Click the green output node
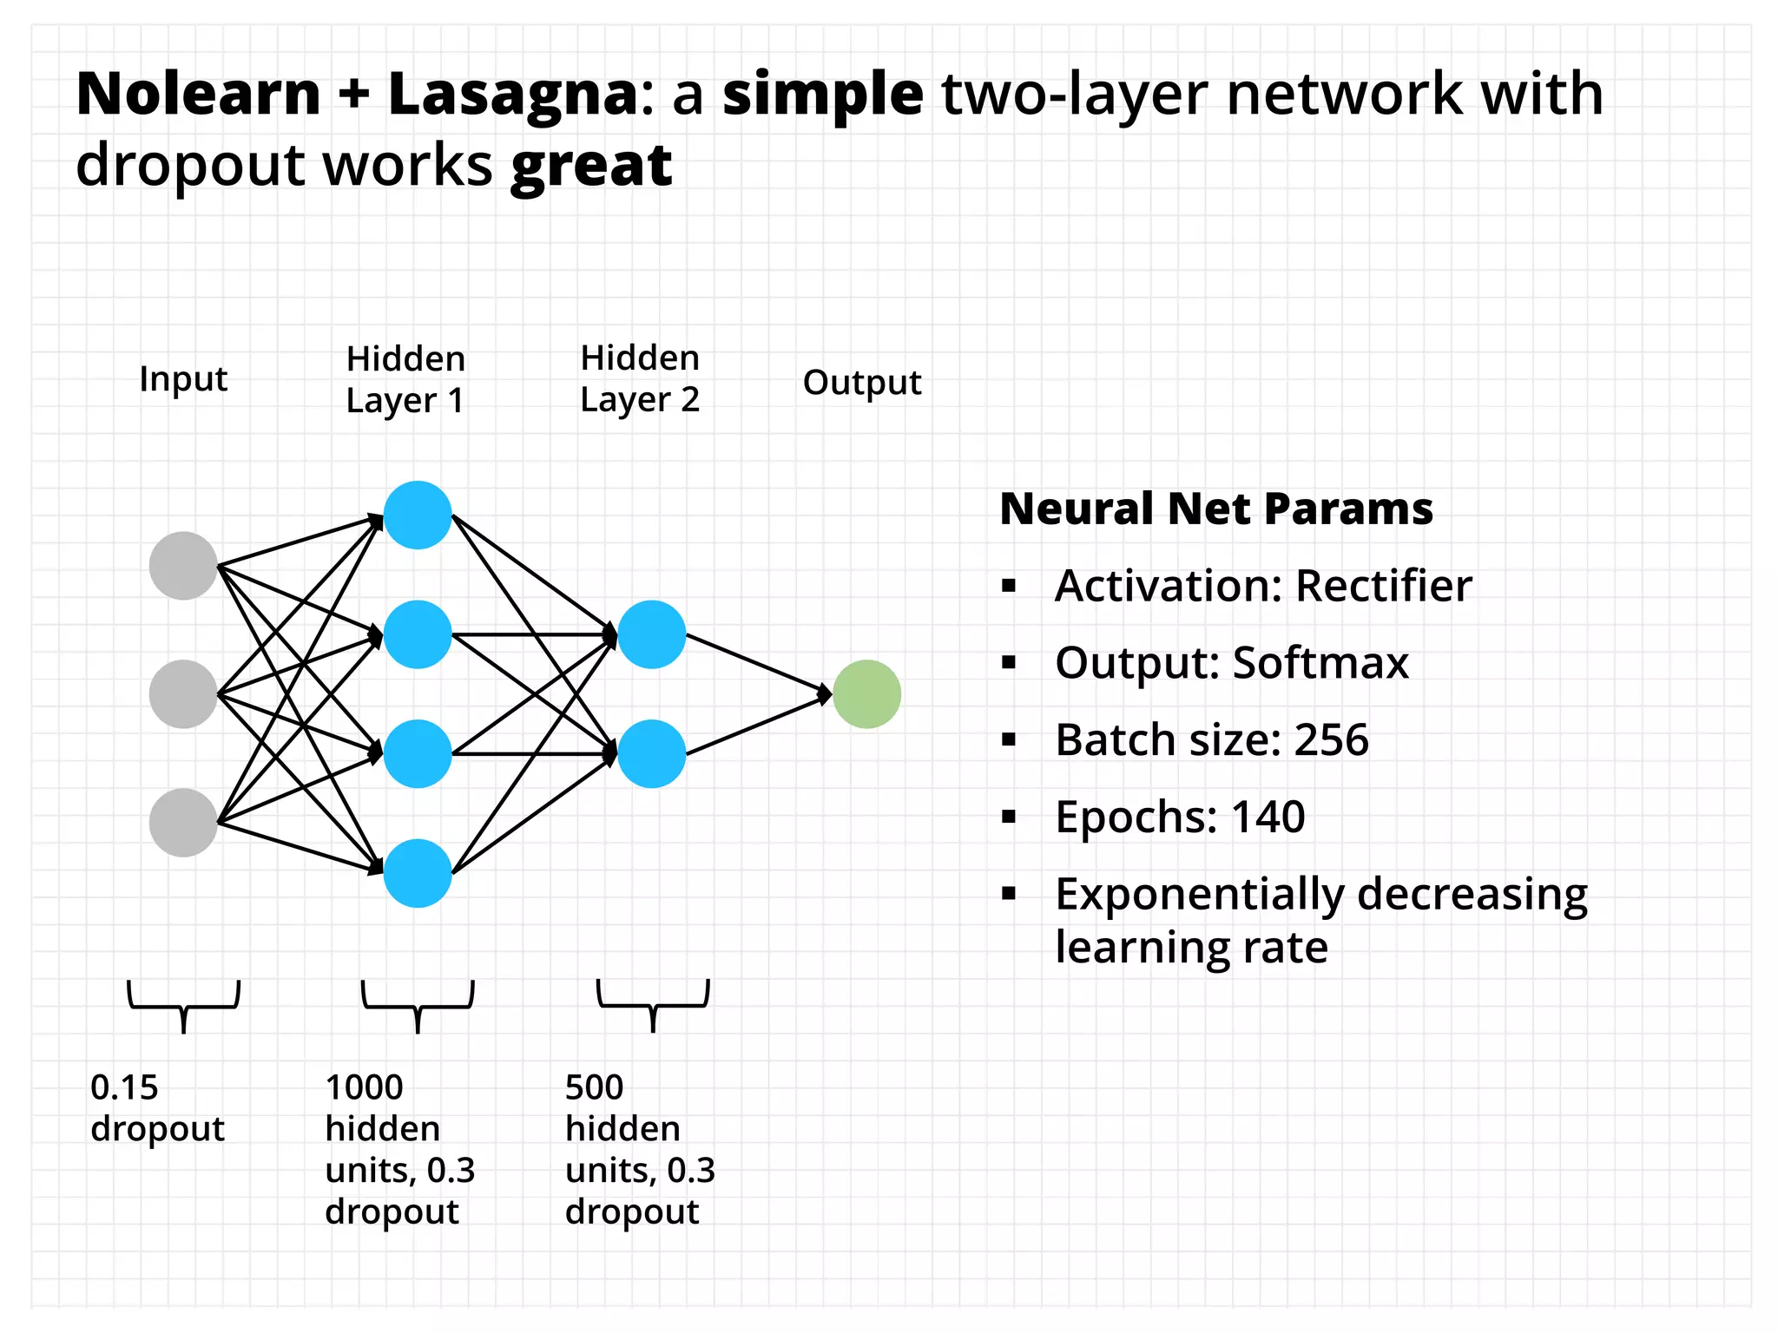(x=866, y=694)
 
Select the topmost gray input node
(x=183, y=566)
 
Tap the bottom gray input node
(x=183, y=823)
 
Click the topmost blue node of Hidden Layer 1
(x=418, y=515)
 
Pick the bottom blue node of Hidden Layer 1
(x=418, y=873)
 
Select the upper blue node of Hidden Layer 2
(x=652, y=634)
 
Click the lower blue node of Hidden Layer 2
(x=652, y=754)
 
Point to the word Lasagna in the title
(x=513, y=94)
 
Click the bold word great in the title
(x=591, y=165)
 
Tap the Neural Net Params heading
(x=1216, y=509)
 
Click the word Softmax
(x=1320, y=663)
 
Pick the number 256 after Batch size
(x=1331, y=740)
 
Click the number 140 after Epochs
(x=1268, y=817)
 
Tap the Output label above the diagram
(x=861, y=382)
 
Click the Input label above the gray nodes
(x=183, y=379)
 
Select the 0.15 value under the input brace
(x=124, y=1087)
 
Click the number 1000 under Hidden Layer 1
(x=364, y=1087)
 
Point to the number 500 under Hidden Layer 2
(x=594, y=1087)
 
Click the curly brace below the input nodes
(x=183, y=1006)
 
